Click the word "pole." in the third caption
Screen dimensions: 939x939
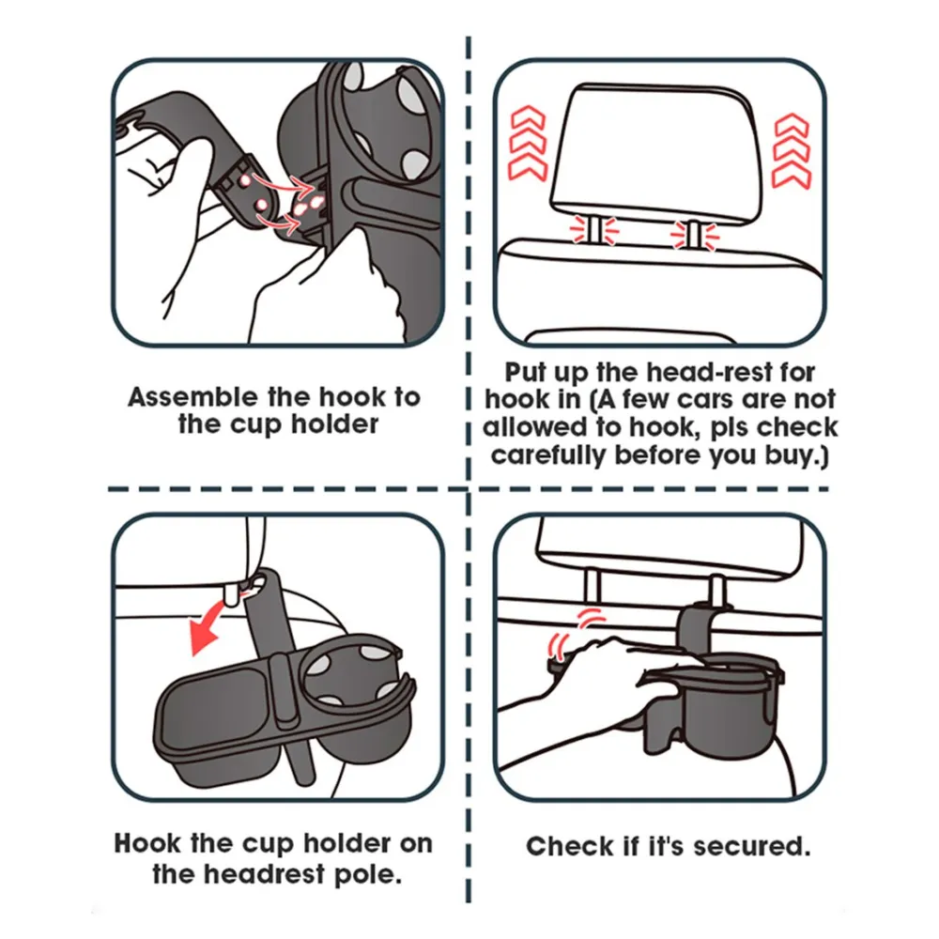tap(367, 874)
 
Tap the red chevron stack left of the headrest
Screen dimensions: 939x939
tap(528, 143)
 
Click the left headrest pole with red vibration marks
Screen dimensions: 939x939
tap(594, 231)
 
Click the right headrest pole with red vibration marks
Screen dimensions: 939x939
tap(695, 234)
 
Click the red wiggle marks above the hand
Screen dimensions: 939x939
tap(577, 631)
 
